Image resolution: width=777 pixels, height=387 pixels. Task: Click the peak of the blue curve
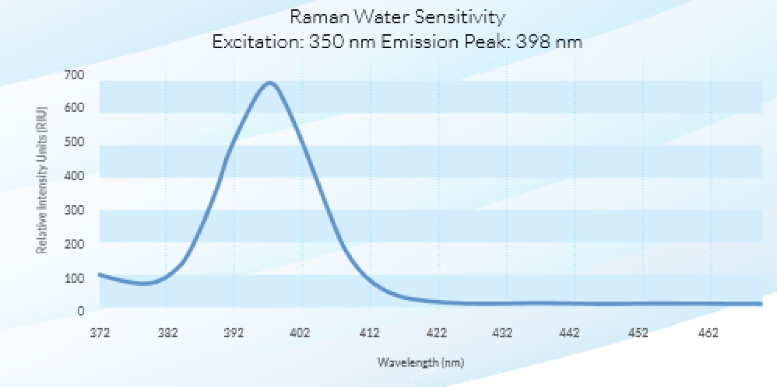coord(270,83)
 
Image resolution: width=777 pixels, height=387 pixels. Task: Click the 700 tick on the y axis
coord(77,74)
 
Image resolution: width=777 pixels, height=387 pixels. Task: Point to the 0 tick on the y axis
coord(80,312)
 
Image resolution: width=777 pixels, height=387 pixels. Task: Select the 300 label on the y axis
coord(77,210)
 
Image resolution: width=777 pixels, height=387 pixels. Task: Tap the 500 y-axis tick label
coord(77,142)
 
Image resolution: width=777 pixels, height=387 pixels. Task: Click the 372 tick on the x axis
coord(100,333)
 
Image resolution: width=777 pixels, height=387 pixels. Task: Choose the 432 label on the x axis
coord(503,333)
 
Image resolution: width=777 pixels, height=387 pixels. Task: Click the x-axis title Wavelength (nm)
coord(421,363)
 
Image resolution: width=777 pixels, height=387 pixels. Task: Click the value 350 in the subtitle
coord(322,42)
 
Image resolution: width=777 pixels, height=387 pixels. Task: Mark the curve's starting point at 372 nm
coord(99,274)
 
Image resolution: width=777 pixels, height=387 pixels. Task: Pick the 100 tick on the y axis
coord(77,278)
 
